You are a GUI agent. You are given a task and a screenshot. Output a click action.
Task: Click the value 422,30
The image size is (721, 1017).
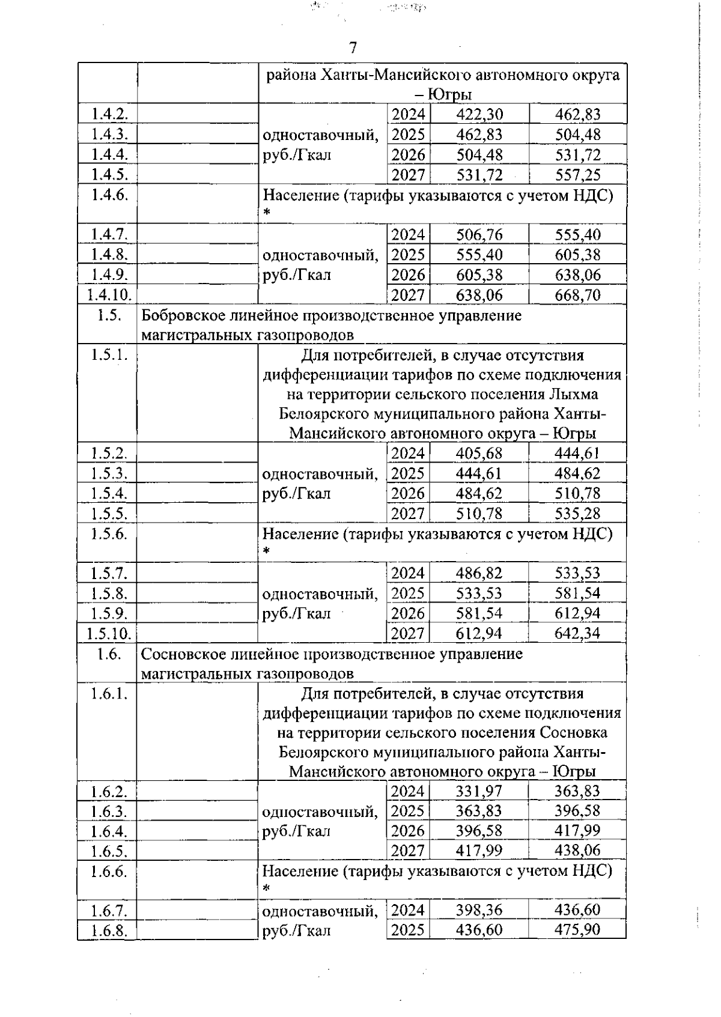point(479,114)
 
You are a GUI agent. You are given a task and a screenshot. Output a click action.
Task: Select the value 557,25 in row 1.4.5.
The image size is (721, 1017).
point(577,175)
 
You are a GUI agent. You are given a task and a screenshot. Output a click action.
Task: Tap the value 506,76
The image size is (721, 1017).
point(479,234)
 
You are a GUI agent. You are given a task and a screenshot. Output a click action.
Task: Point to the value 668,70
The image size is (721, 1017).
point(577,295)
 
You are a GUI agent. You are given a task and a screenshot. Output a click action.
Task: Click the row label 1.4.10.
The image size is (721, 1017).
point(108,295)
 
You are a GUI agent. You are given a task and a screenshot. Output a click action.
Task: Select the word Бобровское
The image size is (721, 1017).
point(183,315)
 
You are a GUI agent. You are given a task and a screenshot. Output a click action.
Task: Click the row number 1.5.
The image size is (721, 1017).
point(108,315)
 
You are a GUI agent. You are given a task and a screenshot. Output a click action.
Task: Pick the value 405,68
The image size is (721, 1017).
point(479,453)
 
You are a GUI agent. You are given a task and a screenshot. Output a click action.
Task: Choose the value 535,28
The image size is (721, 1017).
point(577,514)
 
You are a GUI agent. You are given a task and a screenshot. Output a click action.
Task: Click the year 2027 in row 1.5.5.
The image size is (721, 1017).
point(407,514)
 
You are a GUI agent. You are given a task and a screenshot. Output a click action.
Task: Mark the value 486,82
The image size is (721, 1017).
point(479,573)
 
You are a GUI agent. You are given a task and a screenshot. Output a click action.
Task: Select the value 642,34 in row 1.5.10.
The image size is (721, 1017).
point(577,633)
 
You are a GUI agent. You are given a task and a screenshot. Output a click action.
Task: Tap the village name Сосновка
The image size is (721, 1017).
point(573,733)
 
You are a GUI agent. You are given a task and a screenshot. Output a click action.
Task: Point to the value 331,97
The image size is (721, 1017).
point(479,791)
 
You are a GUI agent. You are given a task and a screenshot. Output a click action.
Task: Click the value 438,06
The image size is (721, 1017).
point(577,851)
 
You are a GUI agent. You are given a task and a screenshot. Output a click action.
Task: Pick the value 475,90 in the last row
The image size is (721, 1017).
point(577,930)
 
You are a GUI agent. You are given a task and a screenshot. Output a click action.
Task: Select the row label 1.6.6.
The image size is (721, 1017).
point(108,871)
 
